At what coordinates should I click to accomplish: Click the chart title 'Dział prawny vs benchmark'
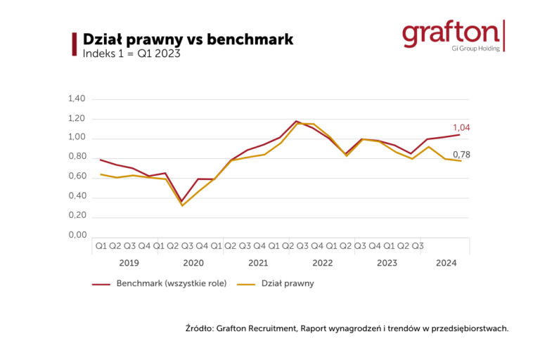[188, 39]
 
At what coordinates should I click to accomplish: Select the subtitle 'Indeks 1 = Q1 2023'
[131, 54]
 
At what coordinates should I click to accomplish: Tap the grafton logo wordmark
[451, 32]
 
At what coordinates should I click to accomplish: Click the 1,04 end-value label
[461, 127]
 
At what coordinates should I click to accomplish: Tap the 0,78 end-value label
[461, 154]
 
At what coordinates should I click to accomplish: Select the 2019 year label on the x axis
[129, 263]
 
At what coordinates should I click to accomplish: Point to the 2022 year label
[322, 263]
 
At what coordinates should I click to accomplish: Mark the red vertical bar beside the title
[75, 44]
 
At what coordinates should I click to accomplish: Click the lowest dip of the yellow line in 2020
[182, 205]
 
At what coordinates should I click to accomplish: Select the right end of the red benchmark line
[460, 134]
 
